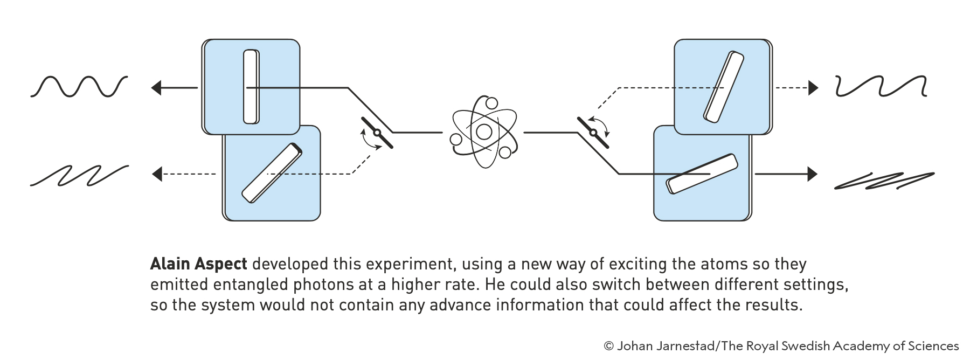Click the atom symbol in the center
click(484, 131)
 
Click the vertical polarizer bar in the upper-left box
click(251, 87)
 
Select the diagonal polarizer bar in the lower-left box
click(272, 173)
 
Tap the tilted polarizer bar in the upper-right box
click(723, 86)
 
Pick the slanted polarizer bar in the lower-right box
click(702, 174)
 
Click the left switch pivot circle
click(377, 133)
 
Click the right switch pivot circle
click(593, 133)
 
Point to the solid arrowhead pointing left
click(156, 87)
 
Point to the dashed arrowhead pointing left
click(157, 174)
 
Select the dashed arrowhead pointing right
click(813, 87)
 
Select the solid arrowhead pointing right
click(813, 174)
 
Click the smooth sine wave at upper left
click(79, 87)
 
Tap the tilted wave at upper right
click(881, 86)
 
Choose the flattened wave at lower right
click(884, 181)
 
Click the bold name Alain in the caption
click(170, 264)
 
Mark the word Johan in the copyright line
click(633, 346)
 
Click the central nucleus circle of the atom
click(484, 131)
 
